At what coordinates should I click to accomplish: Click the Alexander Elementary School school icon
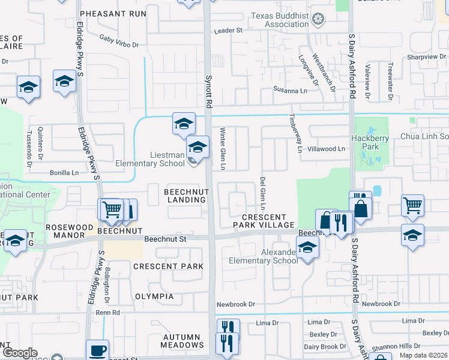pyautogui.click(x=307, y=247)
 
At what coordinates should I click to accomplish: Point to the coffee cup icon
pyautogui.click(x=97, y=350)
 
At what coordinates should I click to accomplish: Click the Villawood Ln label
pyautogui.click(x=327, y=149)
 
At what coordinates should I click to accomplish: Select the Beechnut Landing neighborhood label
pyautogui.click(x=187, y=195)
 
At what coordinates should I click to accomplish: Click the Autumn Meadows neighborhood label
pyautogui.click(x=182, y=341)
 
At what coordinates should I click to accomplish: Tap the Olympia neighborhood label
pyautogui.click(x=154, y=296)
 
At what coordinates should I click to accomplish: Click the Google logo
pyautogui.click(x=20, y=353)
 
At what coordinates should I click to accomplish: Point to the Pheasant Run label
pyautogui.click(x=113, y=13)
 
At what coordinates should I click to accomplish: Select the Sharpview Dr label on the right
pyautogui.click(x=427, y=56)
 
